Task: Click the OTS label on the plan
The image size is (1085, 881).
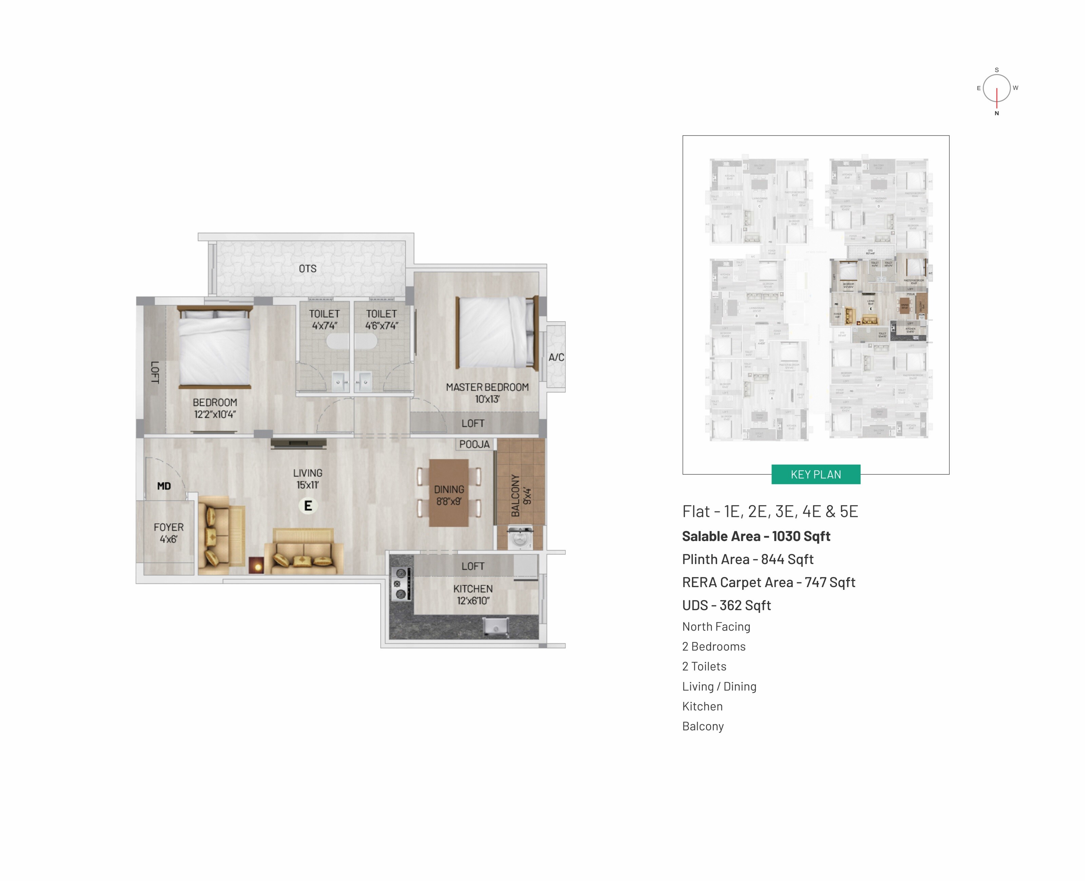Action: tap(307, 268)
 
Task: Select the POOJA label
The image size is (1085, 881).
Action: tap(474, 444)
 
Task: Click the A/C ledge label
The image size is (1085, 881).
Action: tap(556, 357)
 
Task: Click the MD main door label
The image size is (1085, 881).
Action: tap(164, 486)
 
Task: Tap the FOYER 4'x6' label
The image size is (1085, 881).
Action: tap(169, 533)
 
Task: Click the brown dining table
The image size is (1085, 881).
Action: tap(449, 493)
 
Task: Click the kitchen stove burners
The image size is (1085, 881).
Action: tap(401, 584)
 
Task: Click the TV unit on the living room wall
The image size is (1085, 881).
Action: tap(298, 443)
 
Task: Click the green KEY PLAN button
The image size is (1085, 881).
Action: tap(815, 475)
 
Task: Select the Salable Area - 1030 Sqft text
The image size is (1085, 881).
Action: tap(755, 536)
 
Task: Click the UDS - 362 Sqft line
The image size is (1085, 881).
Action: tap(726, 605)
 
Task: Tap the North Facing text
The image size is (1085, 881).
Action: tap(716, 627)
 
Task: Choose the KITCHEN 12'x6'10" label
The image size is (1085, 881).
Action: tap(473, 594)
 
